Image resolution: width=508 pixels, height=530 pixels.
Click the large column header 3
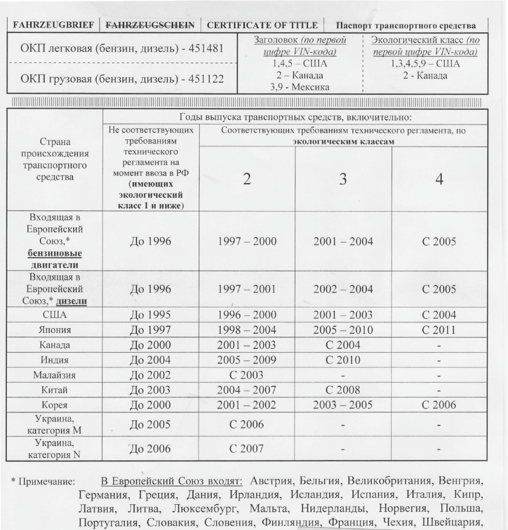click(x=343, y=180)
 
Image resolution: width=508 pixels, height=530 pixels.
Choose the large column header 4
click(x=439, y=179)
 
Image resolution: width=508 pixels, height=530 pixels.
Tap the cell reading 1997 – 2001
click(x=247, y=290)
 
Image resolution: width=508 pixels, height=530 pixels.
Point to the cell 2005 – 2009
click(x=247, y=360)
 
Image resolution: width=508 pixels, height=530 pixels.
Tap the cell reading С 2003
click(x=247, y=375)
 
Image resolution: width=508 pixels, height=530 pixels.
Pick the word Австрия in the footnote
click(x=271, y=481)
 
